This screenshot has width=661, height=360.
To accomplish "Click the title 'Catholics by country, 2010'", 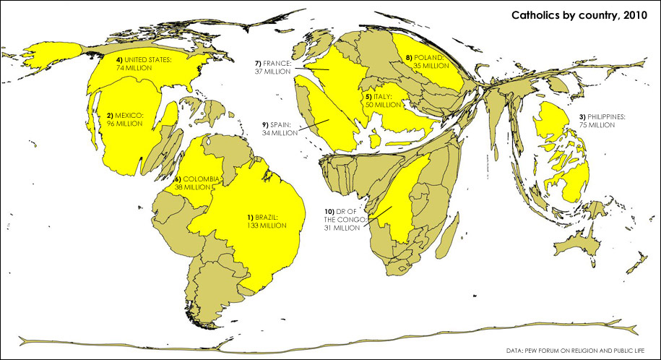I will pos(579,14).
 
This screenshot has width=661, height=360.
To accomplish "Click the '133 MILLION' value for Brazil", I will pos(267,226).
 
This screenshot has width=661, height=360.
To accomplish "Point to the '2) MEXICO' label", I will pos(126,115).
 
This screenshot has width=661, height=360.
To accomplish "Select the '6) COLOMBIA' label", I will pos(197,179).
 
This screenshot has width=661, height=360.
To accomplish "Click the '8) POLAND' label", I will pos(427,57).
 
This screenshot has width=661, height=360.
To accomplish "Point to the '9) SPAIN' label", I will pos(275,124).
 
